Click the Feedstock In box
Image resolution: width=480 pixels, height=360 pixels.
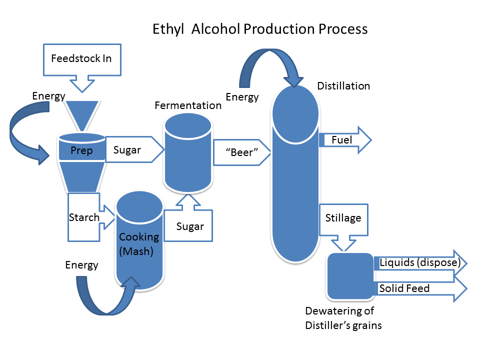[82, 59]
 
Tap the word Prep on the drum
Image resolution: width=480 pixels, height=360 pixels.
[81, 150]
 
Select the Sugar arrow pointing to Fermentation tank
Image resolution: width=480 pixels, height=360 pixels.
[134, 149]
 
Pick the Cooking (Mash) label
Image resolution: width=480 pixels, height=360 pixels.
[138, 244]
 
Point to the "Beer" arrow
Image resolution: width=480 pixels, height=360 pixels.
[242, 152]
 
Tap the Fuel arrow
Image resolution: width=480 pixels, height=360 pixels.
[345, 140]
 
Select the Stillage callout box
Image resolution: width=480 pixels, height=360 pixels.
[343, 220]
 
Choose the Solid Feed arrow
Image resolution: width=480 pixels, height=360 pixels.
[421, 288]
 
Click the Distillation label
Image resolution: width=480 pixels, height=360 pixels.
[343, 86]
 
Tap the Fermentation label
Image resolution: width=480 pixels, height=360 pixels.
[188, 105]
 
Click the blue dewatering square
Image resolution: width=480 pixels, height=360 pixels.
[350, 276]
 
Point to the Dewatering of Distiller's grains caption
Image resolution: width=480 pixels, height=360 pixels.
[343, 318]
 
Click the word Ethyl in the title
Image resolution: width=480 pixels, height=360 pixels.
[168, 29]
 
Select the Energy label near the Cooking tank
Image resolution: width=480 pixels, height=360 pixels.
[81, 265]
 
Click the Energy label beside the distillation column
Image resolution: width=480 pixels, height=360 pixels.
[242, 97]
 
